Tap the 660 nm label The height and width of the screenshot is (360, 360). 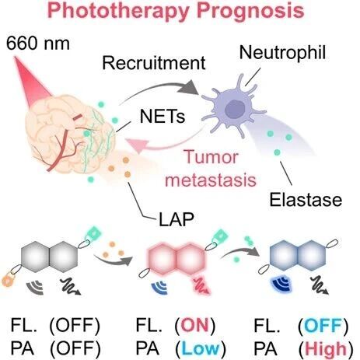point(38,44)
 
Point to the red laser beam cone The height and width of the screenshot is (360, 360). point(33,77)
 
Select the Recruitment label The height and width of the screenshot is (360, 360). point(154,63)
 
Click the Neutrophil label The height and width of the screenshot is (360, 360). point(282,53)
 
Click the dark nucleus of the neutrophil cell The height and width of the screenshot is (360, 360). point(235,109)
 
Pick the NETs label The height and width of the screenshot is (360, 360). point(163,117)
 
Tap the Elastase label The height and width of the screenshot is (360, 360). point(306,200)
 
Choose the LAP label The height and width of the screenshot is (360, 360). point(177,219)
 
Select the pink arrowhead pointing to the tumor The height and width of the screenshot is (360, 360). point(135,145)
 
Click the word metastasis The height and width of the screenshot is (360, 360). point(211,180)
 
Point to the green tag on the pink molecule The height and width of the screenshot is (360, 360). point(221,236)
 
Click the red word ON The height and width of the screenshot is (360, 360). point(195,325)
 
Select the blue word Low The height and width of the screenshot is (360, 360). point(201,348)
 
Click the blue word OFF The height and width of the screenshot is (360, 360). point(323,325)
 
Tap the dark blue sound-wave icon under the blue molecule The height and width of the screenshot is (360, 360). point(282,285)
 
